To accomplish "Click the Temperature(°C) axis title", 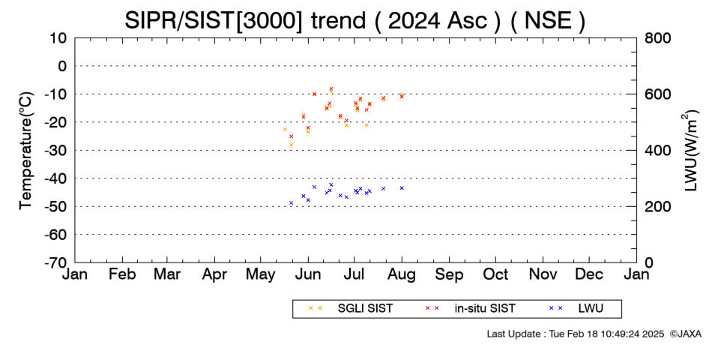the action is [26, 151].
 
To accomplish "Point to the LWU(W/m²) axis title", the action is [690, 151].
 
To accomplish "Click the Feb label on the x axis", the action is [122, 274].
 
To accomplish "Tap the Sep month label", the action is [450, 274].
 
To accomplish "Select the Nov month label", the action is [543, 274].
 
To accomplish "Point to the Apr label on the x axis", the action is [214, 274].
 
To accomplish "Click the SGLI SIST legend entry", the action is [350, 308].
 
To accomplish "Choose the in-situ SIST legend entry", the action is [470, 308].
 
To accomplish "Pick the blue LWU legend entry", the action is [576, 308].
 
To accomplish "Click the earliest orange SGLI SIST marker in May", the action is [285, 130].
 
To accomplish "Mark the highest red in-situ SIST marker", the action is [331, 88].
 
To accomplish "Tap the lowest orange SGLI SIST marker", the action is [291, 145].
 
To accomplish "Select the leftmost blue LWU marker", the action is [291, 202].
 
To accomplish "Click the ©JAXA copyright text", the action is [685, 334].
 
